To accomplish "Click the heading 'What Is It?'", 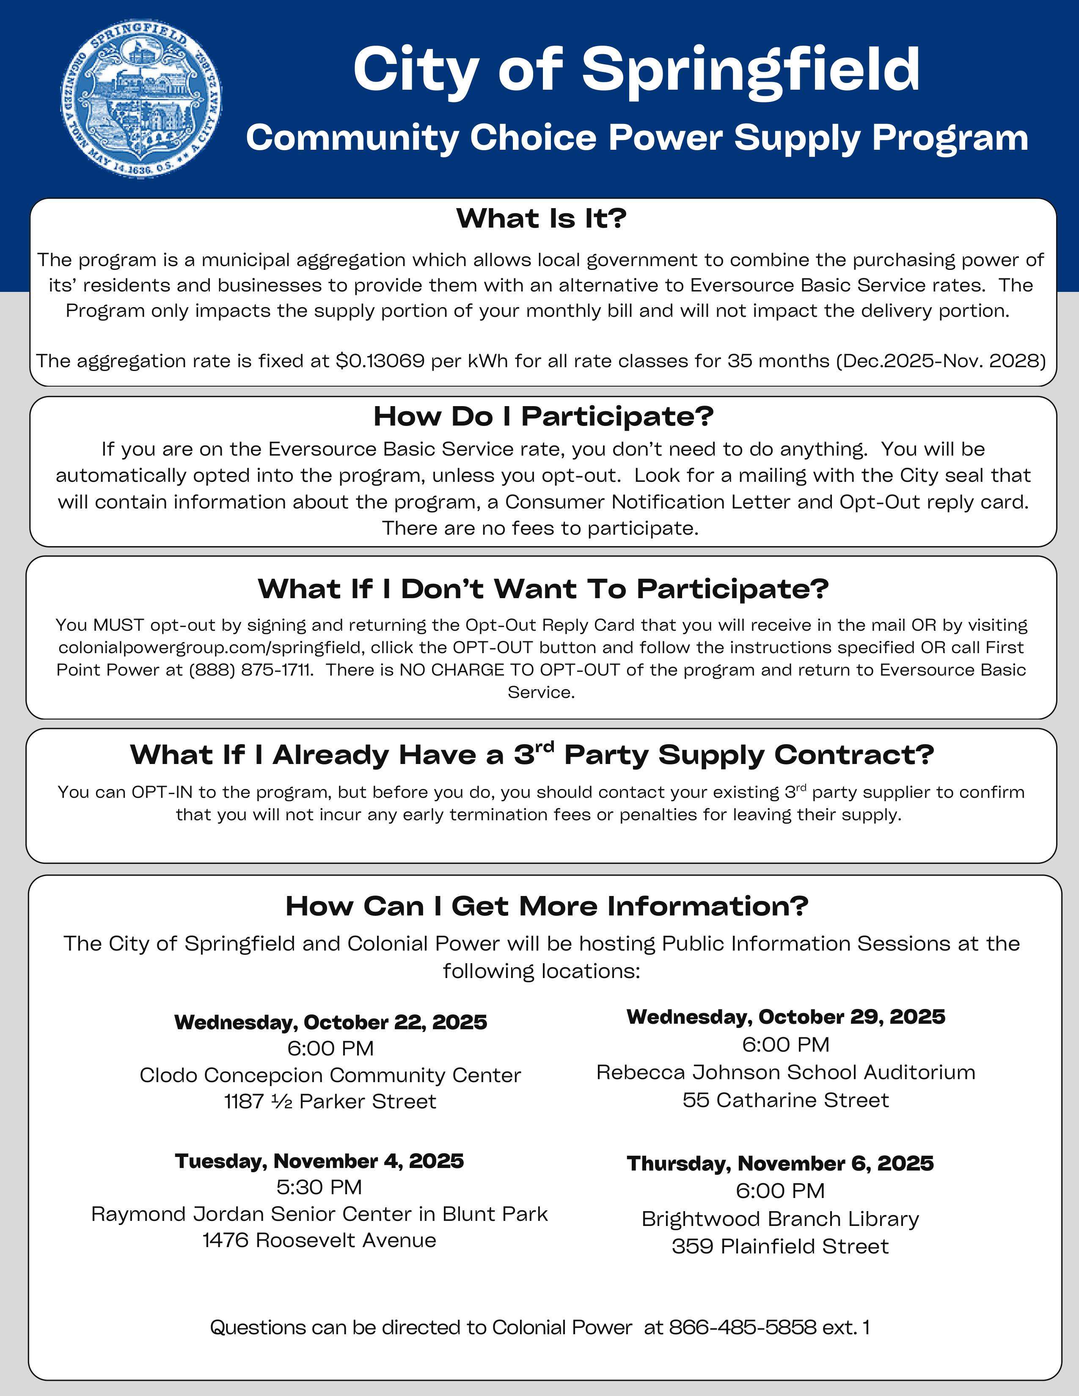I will (x=541, y=219).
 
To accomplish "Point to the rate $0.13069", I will (x=380, y=361).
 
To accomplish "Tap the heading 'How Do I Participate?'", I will (x=543, y=416).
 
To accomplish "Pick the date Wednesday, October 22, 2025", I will (x=330, y=1022).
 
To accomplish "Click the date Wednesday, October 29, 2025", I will (x=786, y=1017).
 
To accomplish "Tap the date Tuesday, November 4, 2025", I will (x=319, y=1161).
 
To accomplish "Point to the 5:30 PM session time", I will (x=319, y=1187).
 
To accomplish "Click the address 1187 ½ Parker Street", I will (x=330, y=1101).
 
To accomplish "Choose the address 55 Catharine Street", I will (x=786, y=1100).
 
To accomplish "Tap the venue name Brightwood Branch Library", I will (x=780, y=1219).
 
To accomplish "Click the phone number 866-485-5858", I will (x=742, y=1327).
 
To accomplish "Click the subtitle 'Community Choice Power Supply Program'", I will (x=637, y=137).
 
